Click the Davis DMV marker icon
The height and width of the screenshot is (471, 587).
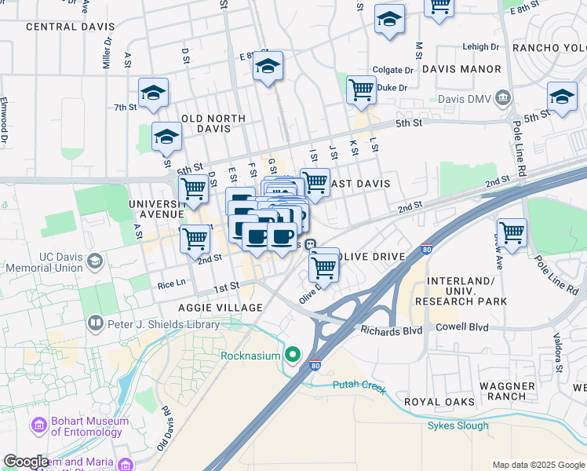tap(504, 97)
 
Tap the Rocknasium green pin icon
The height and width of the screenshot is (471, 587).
tap(293, 356)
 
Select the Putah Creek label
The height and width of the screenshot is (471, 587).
tap(359, 385)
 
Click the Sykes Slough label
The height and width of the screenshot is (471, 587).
tap(458, 425)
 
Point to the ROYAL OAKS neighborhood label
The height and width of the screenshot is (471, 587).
tap(439, 402)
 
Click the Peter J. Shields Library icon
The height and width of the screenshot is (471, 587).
tap(95, 323)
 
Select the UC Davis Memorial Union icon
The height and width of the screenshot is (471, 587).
tap(95, 261)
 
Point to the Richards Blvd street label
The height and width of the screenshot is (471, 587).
tap(391, 330)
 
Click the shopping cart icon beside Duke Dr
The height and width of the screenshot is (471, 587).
tap(361, 89)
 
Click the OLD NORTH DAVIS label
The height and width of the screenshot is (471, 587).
tap(213, 123)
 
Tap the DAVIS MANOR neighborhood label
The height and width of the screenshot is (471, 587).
tap(461, 69)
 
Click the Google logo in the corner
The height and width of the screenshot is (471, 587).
tap(26, 462)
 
